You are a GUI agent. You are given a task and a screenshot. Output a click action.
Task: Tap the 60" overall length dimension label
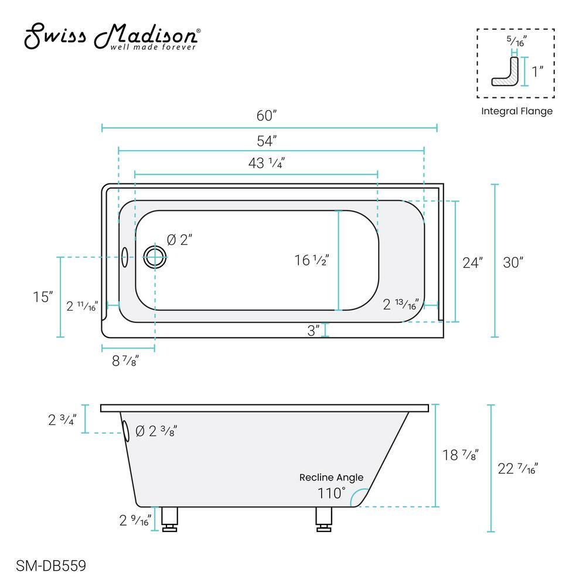(x=267, y=115)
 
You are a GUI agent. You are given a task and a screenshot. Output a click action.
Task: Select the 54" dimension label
(x=267, y=141)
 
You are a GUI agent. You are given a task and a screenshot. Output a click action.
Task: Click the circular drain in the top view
(x=155, y=255)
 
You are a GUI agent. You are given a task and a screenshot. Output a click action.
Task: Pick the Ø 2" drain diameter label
(x=179, y=240)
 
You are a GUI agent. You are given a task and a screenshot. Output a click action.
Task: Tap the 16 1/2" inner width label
(x=312, y=260)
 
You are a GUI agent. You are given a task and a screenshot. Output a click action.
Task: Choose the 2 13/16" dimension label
(x=400, y=305)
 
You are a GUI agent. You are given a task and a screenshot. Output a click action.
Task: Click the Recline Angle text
(x=331, y=478)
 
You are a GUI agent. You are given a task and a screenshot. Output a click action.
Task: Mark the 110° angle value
(x=332, y=493)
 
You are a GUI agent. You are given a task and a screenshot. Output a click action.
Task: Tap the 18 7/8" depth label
(x=461, y=455)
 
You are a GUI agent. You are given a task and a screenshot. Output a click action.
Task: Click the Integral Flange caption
(x=516, y=111)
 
